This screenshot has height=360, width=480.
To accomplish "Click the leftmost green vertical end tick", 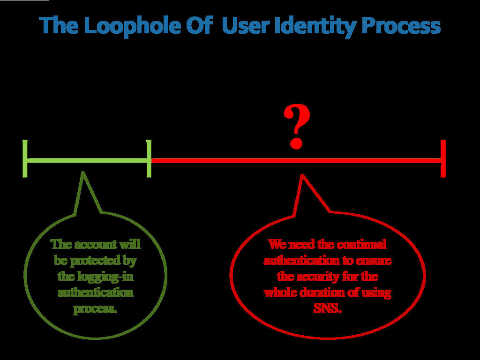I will (25, 158).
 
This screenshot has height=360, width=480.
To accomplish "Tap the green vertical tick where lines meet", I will (149, 158).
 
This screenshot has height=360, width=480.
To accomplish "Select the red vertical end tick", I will (443, 158).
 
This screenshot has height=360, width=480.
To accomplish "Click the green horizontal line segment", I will (87, 161).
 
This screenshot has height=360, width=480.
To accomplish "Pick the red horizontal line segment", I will (295, 161).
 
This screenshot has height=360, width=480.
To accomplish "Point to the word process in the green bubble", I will (95, 309).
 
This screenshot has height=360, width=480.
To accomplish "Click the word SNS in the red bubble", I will (327, 309).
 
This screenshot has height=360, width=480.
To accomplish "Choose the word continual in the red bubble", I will (362, 244).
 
